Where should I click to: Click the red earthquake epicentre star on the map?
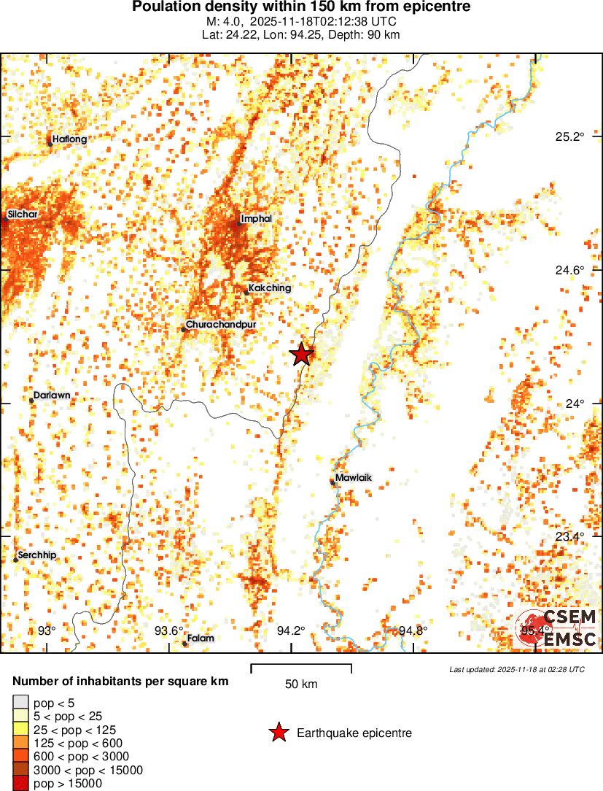[301, 355]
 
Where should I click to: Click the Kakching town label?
[269, 288]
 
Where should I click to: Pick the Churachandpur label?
[221, 325]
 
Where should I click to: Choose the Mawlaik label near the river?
[353, 479]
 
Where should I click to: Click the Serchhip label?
[37, 555]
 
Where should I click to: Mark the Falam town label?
[201, 638]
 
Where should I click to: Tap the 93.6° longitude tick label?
[169, 631]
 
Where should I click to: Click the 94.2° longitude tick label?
[292, 631]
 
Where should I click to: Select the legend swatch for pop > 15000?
[22, 784]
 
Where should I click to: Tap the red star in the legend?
[278, 733]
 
